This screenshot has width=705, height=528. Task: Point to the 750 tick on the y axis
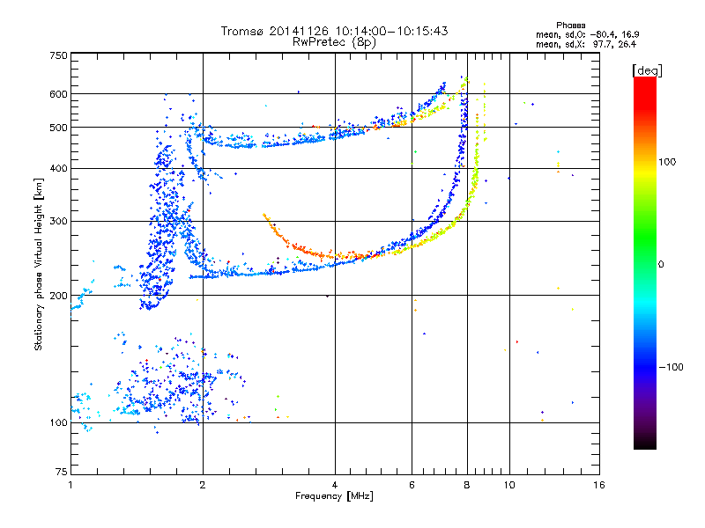coord(57,55)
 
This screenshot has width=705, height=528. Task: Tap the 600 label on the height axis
coord(57,94)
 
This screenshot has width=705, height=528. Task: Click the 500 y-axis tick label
coord(57,128)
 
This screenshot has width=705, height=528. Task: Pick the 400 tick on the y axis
coord(57,168)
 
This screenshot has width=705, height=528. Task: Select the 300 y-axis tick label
coord(57,221)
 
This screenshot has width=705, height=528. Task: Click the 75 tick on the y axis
coord(60,473)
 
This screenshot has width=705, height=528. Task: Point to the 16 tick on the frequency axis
coord(598,485)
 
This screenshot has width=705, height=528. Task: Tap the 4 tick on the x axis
coord(335,485)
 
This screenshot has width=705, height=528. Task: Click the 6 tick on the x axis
coord(412,485)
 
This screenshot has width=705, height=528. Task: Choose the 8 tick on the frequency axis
coord(467,485)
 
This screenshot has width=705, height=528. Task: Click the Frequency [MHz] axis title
coord(334,496)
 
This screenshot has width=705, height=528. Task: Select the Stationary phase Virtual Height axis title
coord(39,264)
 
